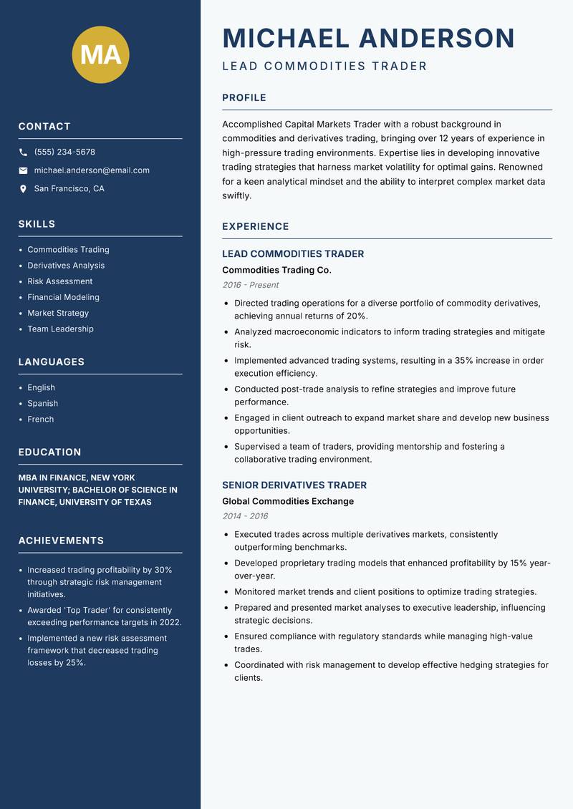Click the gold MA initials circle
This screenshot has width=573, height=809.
pyautogui.click(x=101, y=54)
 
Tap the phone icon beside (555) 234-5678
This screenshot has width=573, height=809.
pyautogui.click(x=23, y=152)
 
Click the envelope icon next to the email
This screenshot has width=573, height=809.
pyautogui.click(x=23, y=170)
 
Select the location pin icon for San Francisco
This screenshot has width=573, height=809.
pyautogui.click(x=23, y=189)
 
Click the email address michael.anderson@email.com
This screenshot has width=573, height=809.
pyautogui.click(x=92, y=170)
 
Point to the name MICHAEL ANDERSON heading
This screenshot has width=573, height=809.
pyautogui.click(x=368, y=38)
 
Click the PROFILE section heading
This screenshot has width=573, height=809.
pyautogui.click(x=244, y=98)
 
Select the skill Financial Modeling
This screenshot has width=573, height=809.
pyautogui.click(x=63, y=297)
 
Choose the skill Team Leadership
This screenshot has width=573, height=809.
pyautogui.click(x=60, y=329)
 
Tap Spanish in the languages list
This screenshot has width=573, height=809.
pyautogui.click(x=42, y=403)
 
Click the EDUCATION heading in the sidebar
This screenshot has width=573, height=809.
pyautogui.click(x=49, y=452)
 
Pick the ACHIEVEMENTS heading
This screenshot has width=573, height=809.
pyautogui.click(x=61, y=541)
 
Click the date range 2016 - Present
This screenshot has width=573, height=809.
pyautogui.click(x=251, y=285)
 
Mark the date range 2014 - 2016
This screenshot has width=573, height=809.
pyautogui.click(x=245, y=516)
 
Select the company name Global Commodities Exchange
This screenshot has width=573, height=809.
pyautogui.click(x=288, y=501)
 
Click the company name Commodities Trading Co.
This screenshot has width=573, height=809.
pyautogui.click(x=276, y=270)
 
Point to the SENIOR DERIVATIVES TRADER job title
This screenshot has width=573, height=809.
pyautogui.click(x=294, y=485)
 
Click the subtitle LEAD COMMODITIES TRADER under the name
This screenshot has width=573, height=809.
pyautogui.click(x=324, y=67)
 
